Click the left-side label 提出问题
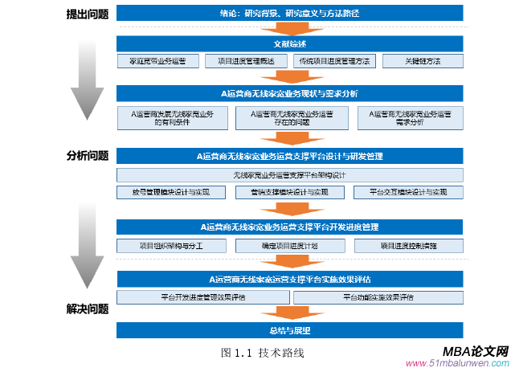point(88,14)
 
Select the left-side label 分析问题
point(88,155)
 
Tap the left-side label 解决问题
point(88,308)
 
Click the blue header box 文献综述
point(290,43)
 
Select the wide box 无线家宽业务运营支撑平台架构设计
point(290,174)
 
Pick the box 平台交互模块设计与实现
point(408,193)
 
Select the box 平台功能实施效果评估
point(378,297)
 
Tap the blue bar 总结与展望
point(290,330)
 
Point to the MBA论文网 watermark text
point(475,351)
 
